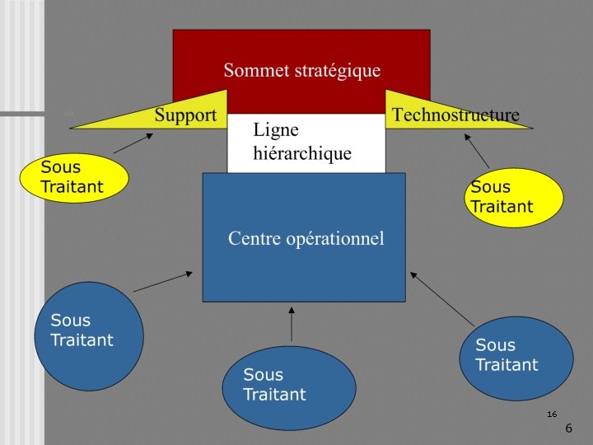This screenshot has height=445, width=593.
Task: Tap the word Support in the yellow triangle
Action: pyautogui.click(x=185, y=115)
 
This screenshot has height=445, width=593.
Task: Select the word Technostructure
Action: pyautogui.click(x=455, y=115)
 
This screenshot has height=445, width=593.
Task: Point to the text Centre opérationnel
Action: pyautogui.click(x=306, y=239)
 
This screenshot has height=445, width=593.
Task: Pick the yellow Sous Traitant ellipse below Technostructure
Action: pyautogui.click(x=515, y=198)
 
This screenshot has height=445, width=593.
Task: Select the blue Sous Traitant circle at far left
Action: pyautogui.click(x=88, y=335)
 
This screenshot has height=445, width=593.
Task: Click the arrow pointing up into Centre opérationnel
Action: pyautogui.click(x=292, y=324)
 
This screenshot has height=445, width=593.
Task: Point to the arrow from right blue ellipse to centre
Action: pyautogui.click(x=442, y=298)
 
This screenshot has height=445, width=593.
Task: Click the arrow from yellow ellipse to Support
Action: pyautogui.click(x=132, y=144)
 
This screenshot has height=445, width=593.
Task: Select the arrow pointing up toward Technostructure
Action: pyautogui.click(x=477, y=151)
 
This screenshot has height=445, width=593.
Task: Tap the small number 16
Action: pyautogui.click(x=552, y=414)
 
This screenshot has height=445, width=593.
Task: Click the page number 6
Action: pyautogui.click(x=568, y=429)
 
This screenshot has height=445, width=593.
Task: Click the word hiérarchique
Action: pyautogui.click(x=302, y=153)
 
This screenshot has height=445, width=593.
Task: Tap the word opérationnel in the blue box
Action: pyautogui.click(x=339, y=239)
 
